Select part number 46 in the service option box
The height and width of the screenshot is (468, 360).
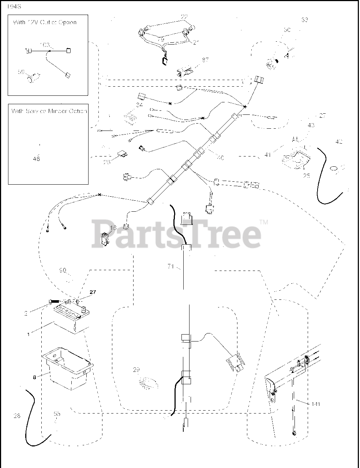click(x=36, y=159)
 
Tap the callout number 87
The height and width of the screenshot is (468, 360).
click(x=205, y=59)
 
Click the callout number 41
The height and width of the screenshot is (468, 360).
click(x=267, y=155)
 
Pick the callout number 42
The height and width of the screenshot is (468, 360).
click(x=339, y=141)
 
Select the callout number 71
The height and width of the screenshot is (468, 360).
click(x=170, y=267)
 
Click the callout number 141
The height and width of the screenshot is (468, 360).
click(x=316, y=404)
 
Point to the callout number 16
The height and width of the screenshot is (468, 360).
click(x=113, y=228)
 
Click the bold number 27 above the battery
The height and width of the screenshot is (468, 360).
click(x=92, y=292)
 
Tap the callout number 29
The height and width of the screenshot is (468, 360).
click(x=136, y=370)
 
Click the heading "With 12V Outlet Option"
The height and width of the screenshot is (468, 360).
click(x=45, y=22)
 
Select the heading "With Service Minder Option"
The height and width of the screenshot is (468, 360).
click(x=49, y=111)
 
